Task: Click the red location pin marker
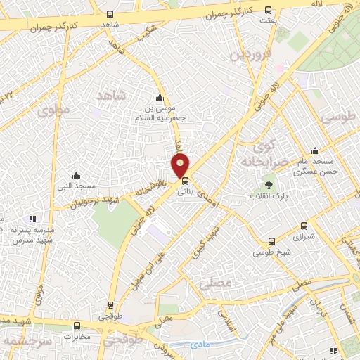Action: [181, 166]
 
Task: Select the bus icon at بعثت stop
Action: [269, 10]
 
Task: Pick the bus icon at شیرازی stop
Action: [304, 226]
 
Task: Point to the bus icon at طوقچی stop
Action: [110, 306]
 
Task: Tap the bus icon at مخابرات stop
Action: [77, 326]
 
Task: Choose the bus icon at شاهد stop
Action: [110, 14]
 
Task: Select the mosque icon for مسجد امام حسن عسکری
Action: [315, 150]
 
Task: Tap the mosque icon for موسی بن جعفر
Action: [160, 98]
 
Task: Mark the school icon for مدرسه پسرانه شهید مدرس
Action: [32, 219]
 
